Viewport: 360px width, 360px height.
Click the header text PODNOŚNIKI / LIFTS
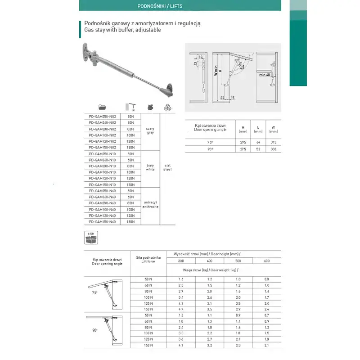click(x=160, y=7)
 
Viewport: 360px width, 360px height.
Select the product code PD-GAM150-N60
click(x=102, y=222)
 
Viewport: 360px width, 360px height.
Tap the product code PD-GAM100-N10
click(x=102, y=172)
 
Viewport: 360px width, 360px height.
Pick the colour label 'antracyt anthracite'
click(x=151, y=204)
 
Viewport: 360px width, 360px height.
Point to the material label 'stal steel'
click(x=167, y=167)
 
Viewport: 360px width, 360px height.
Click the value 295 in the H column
click(x=243, y=142)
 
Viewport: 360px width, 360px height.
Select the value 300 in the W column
click(x=274, y=148)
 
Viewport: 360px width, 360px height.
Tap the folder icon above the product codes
click(x=102, y=107)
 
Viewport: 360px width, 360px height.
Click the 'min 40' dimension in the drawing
click(x=265, y=75)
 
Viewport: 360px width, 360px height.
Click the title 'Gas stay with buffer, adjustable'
click(x=122, y=30)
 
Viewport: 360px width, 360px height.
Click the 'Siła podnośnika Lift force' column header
click(x=148, y=259)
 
